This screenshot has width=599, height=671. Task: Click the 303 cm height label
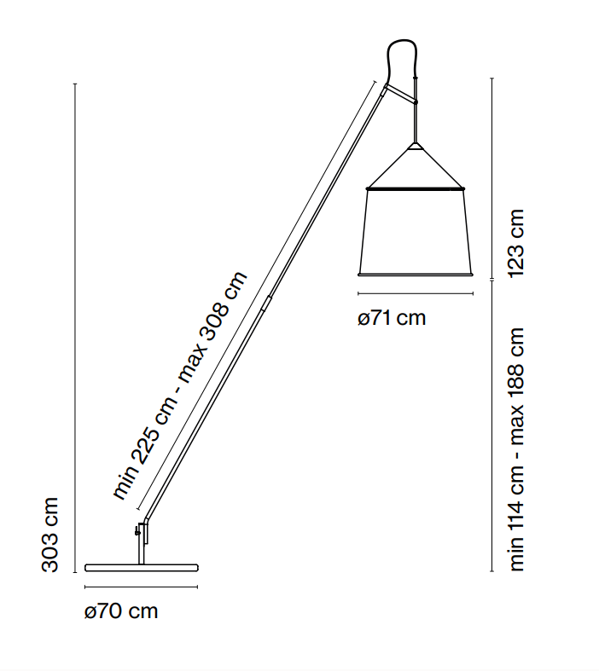click(49, 535)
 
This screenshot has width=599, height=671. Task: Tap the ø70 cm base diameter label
click(121, 611)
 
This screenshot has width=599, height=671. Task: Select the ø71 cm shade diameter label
click(392, 318)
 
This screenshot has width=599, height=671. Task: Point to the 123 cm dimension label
click(515, 243)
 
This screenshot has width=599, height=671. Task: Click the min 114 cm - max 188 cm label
click(515, 449)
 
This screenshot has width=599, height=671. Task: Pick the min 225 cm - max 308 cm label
click(180, 385)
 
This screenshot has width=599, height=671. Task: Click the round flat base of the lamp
click(142, 569)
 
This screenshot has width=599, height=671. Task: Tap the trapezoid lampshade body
click(415, 231)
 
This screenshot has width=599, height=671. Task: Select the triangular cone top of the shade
click(415, 167)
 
